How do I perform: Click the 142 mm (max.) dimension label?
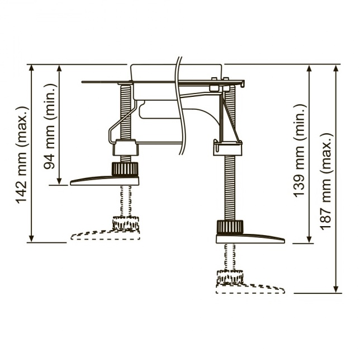(x=22, y=154)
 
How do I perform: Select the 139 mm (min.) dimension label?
(x=300, y=151)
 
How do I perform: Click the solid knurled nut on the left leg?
(x=125, y=169)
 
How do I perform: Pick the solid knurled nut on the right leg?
(x=230, y=227)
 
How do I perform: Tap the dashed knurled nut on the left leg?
(x=126, y=223)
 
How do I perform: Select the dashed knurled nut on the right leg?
(x=230, y=277)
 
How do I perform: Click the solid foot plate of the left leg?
(x=105, y=181)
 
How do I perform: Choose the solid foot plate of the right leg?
(x=250, y=238)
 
